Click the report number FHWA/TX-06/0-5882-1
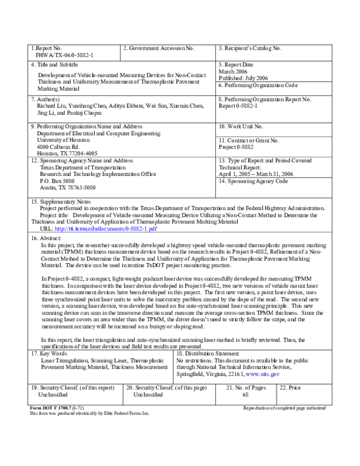point(64,54)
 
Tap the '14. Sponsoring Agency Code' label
point(255,181)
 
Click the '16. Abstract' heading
point(46,238)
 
